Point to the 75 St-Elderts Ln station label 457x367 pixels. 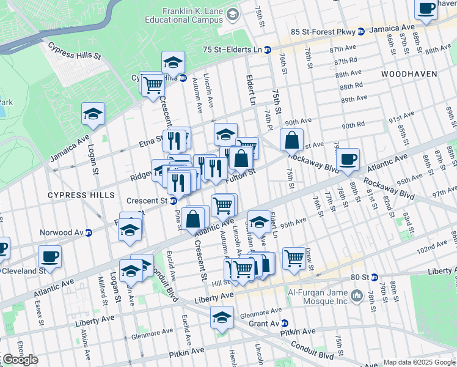(235, 50)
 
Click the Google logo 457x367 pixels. (20, 360)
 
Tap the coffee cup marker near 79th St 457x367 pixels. (348, 159)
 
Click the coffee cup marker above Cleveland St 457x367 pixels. (49, 256)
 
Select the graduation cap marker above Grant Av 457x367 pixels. (222, 317)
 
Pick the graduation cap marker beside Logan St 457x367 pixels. (93, 113)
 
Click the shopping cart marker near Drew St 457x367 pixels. (294, 258)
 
